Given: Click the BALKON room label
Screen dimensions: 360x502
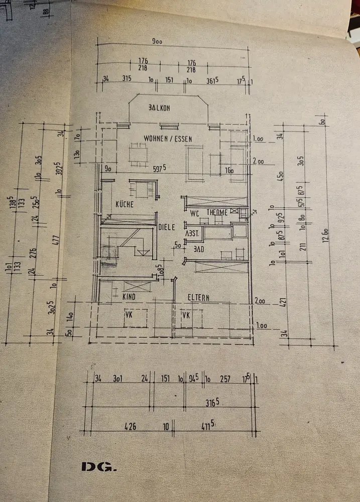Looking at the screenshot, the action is pos(160,108).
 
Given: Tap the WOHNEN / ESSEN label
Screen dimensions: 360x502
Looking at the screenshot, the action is pos(168,139).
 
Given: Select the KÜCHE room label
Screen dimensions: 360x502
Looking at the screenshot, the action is pos(124,205).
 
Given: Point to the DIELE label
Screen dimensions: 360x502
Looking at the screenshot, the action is pos(167,227).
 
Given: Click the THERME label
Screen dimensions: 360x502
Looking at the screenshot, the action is pos(217,212).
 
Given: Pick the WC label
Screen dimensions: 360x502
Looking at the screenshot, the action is pos(195,212).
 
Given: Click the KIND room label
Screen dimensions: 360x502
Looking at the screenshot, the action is pos(130,297).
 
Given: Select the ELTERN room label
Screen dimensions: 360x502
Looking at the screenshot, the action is pos(199,297).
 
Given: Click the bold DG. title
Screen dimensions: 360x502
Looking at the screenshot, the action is pos(98,467).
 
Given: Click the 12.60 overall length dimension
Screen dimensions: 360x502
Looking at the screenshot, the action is pos(325,234).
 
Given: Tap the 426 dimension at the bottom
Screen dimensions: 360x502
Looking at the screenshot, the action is pos(130,427).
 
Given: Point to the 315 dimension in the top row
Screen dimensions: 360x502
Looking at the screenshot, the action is pos(127,79).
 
